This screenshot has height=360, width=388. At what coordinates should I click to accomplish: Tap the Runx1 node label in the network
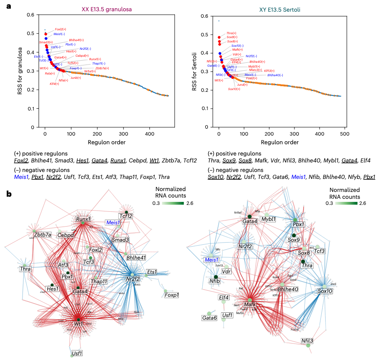point(82,220)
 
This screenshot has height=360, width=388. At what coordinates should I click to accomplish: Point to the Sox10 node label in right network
point(325,292)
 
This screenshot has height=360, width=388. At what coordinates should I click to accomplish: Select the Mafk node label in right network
point(250,305)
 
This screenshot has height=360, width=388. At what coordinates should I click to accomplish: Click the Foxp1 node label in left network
point(172,295)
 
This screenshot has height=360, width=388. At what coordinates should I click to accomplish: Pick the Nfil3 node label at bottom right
point(308,341)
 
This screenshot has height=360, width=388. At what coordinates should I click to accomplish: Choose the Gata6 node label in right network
point(209,318)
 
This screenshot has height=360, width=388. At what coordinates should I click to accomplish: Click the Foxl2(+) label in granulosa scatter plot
point(61,29)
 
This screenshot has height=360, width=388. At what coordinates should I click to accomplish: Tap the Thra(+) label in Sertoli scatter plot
point(231,33)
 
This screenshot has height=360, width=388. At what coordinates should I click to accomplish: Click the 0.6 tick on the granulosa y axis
point(30,15)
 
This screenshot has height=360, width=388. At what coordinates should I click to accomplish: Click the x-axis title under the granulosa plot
point(107,142)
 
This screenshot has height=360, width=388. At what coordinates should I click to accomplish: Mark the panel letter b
point(9,194)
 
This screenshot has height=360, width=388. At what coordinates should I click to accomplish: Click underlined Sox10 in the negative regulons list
point(215,177)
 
